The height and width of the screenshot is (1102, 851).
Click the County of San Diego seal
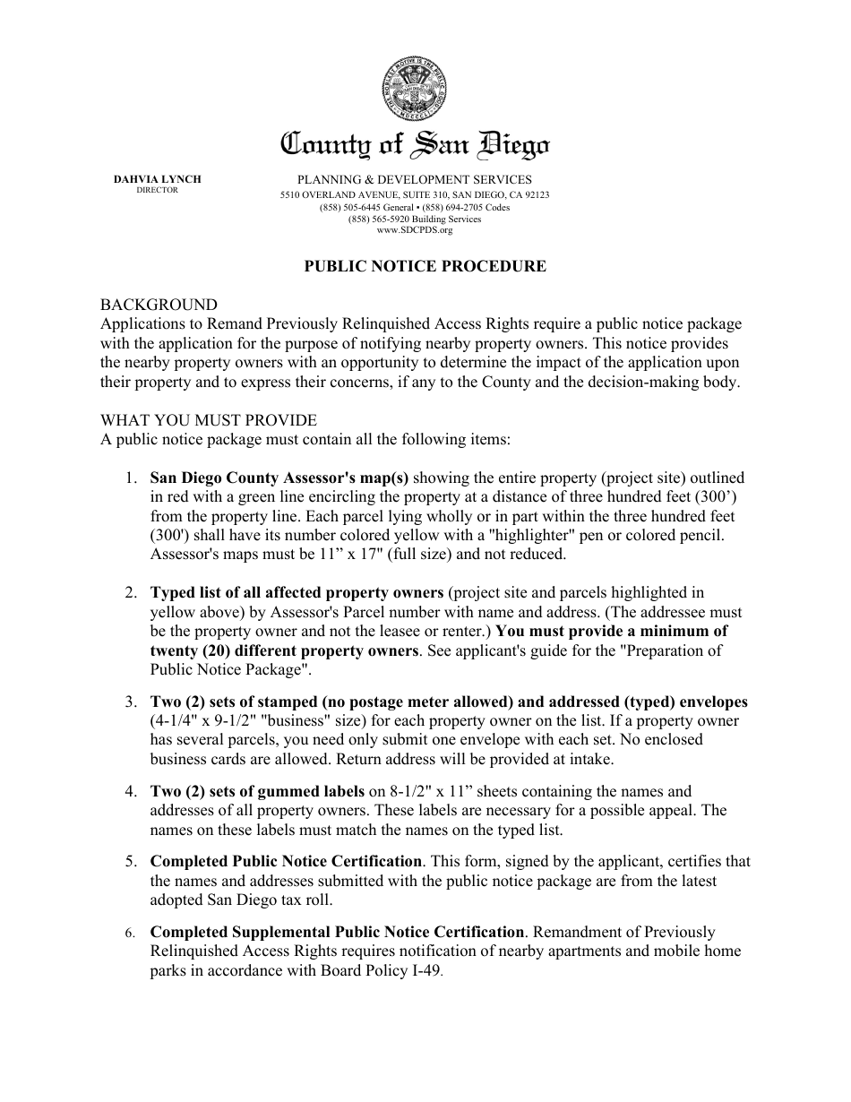415,90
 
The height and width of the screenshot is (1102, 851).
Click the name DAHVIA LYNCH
158,179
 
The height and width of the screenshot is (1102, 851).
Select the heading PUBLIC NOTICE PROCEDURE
425,266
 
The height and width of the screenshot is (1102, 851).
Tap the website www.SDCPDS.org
415,230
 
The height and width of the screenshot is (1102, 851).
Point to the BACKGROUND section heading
159,305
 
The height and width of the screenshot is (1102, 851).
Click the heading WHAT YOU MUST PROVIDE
209,420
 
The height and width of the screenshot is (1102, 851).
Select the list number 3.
131,702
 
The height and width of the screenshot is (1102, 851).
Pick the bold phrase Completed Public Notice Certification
286,861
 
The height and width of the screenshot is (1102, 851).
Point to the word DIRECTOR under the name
158,190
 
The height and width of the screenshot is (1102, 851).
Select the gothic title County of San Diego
416,144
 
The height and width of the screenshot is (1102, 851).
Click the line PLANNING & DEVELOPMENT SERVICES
415,179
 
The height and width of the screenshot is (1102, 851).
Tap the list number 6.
131,933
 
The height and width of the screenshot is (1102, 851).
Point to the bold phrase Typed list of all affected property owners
297,592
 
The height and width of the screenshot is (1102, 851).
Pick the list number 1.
131,478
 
